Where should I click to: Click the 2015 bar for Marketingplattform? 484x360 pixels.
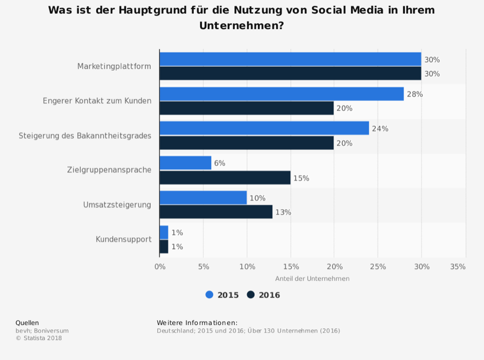(290, 59)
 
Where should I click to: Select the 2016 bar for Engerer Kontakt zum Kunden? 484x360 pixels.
(247, 108)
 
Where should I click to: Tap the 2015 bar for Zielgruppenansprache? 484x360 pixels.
(185, 163)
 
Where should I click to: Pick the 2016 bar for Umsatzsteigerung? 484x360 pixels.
(216, 212)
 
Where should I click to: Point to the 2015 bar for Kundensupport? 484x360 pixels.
(164, 232)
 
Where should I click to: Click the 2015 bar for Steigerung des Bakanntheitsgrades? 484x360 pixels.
(264, 128)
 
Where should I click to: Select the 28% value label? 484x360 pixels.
(415, 94)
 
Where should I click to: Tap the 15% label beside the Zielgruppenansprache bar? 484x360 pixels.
(301, 178)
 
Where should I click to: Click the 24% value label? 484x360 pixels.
(380, 129)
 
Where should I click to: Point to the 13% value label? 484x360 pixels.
(283, 212)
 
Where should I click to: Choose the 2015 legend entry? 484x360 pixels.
(222, 295)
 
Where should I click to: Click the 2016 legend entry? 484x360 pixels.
(264, 295)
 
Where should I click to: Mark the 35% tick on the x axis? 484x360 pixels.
(458, 266)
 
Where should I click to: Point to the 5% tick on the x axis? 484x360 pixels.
(204, 266)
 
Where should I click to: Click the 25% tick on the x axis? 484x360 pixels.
(378, 266)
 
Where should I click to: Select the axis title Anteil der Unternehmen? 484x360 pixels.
(312, 279)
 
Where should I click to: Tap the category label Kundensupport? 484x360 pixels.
(123, 239)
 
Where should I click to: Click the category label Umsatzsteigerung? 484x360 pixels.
(117, 205)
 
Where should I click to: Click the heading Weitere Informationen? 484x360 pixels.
(197, 323)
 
